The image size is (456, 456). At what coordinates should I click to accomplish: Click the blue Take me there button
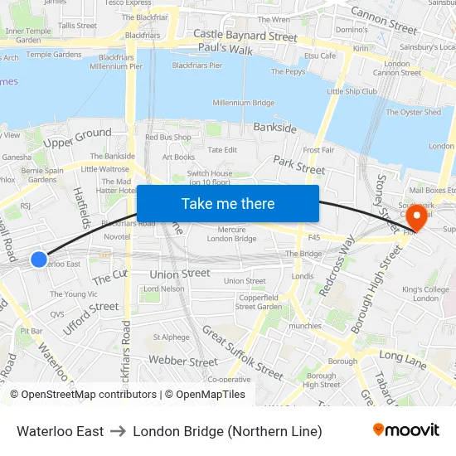tap(228, 204)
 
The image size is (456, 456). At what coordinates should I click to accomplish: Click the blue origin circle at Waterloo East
tap(38, 260)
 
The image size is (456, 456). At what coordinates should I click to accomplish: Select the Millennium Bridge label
tap(244, 103)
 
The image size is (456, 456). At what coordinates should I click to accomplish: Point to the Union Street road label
tap(180, 273)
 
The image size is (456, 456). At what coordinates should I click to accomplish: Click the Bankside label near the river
tap(274, 129)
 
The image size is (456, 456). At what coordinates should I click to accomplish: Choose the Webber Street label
tap(183, 361)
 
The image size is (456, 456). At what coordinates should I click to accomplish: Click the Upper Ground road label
tap(77, 138)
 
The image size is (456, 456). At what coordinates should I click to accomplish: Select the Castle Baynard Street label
tap(245, 36)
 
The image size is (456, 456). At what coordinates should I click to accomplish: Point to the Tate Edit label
tap(222, 150)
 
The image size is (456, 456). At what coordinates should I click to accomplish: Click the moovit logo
tap(406, 430)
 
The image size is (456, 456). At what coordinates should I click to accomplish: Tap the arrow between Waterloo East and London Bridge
tap(119, 431)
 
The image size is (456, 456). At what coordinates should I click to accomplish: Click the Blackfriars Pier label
tap(196, 65)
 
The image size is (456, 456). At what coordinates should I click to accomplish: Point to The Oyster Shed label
tap(414, 112)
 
